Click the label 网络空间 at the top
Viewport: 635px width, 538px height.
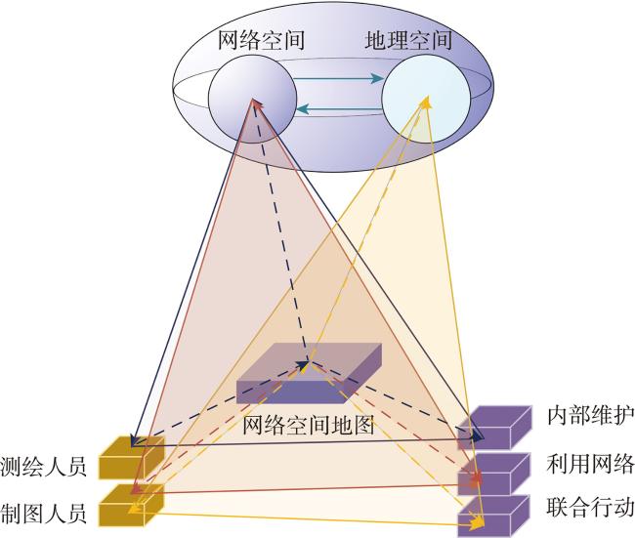pyautogui.click(x=261, y=40)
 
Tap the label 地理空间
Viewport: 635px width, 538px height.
pyautogui.click(x=408, y=40)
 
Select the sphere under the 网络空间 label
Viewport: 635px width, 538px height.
pyautogui.click(x=252, y=100)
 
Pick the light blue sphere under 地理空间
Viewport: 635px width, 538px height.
pyautogui.click(x=426, y=100)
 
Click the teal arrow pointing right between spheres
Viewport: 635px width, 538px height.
pyautogui.click(x=338, y=78)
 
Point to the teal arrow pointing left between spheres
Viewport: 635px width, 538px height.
pyautogui.click(x=339, y=109)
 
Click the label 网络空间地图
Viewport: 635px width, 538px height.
pyautogui.click(x=308, y=425)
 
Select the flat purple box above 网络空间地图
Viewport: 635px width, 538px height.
pyautogui.click(x=309, y=373)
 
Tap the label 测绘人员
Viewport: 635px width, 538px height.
pyautogui.click(x=43, y=466)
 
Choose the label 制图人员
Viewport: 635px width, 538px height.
pyautogui.click(x=43, y=514)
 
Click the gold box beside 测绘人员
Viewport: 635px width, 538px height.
pyautogui.click(x=132, y=457)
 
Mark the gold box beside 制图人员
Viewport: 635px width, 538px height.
pyautogui.click(x=132, y=505)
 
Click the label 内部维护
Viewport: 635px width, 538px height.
pyautogui.click(x=591, y=415)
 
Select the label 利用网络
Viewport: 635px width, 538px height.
pyautogui.click(x=591, y=464)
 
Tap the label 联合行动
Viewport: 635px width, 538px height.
pyautogui.click(x=591, y=507)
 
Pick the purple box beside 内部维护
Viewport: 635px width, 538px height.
pyautogui.click(x=494, y=428)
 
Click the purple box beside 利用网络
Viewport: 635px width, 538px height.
pyautogui.click(x=494, y=474)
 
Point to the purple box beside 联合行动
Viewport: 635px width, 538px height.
pyautogui.click(x=494, y=517)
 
